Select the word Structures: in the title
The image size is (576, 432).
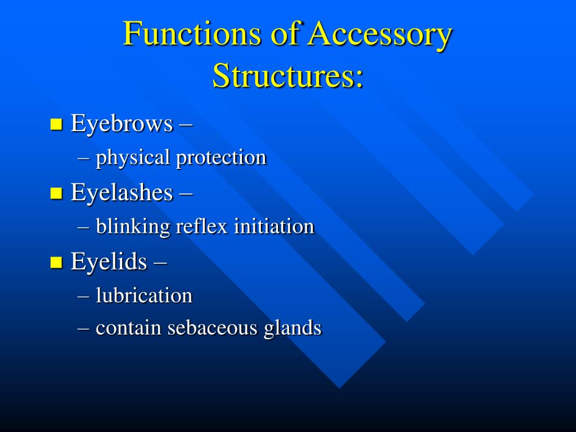288,76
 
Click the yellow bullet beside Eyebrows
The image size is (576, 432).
56,124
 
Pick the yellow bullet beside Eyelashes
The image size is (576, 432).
56,193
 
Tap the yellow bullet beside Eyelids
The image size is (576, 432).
56,262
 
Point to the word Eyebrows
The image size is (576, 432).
121,124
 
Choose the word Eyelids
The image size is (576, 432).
109,262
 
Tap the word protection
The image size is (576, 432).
221,158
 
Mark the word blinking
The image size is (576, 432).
133,227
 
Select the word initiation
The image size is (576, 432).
274,227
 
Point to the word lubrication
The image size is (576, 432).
144,295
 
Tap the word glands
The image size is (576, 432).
292,329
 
